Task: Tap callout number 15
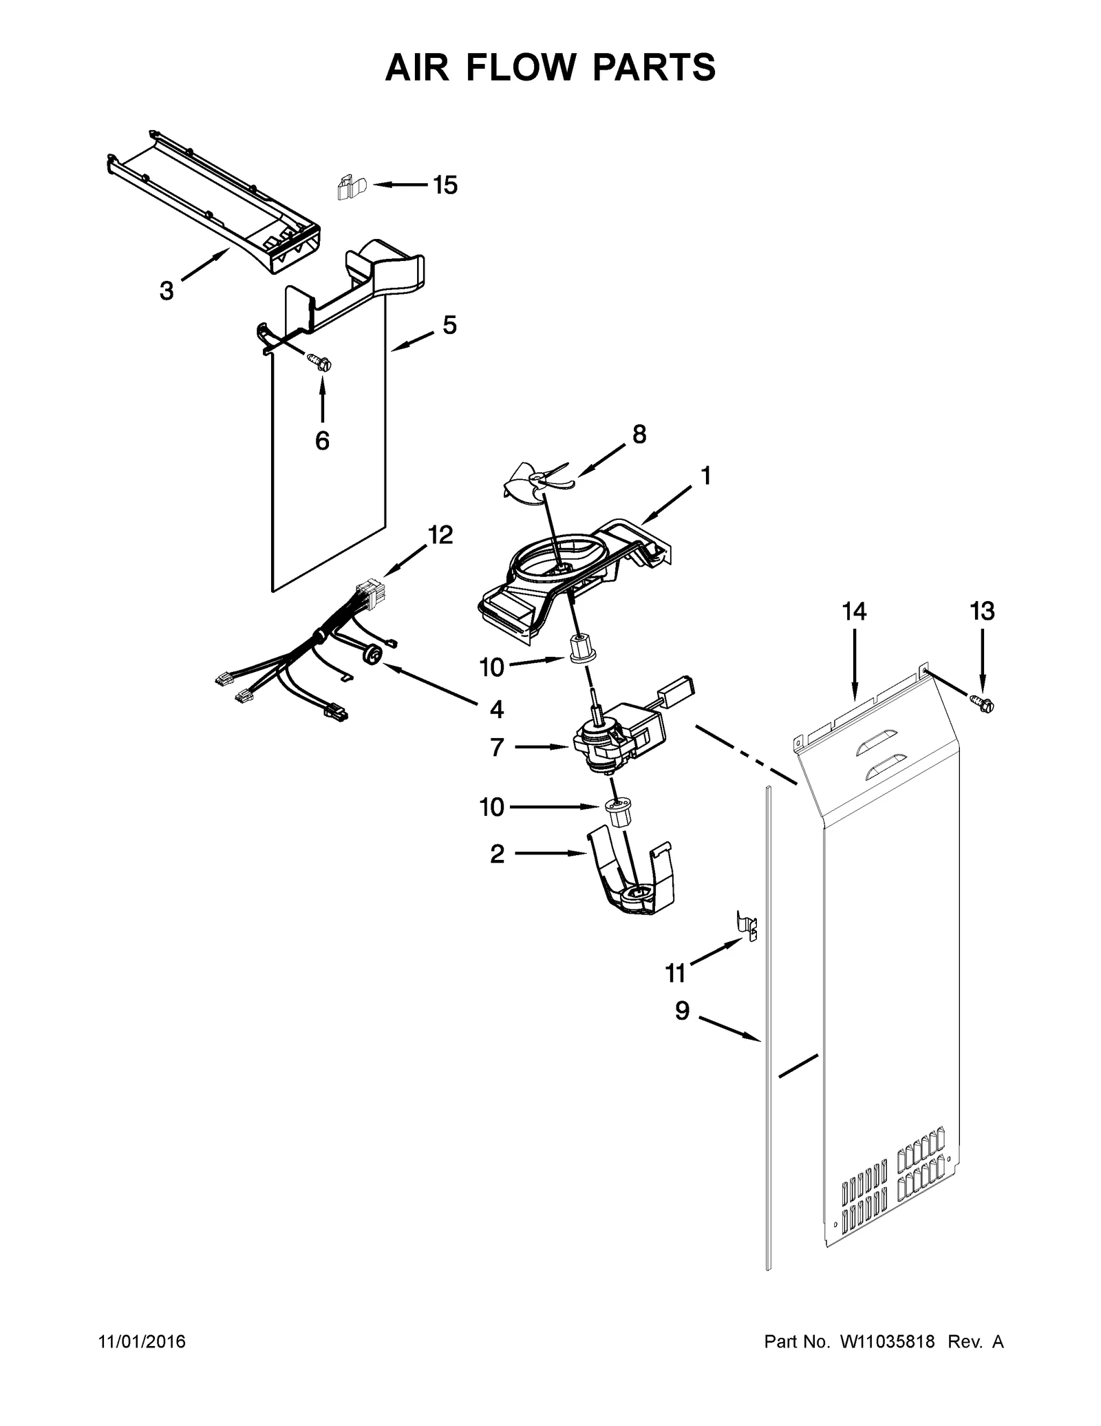click(x=445, y=185)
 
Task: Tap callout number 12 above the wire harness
click(x=440, y=534)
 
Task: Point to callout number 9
click(x=681, y=1011)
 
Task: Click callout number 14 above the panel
click(x=854, y=611)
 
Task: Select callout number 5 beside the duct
click(x=449, y=325)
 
